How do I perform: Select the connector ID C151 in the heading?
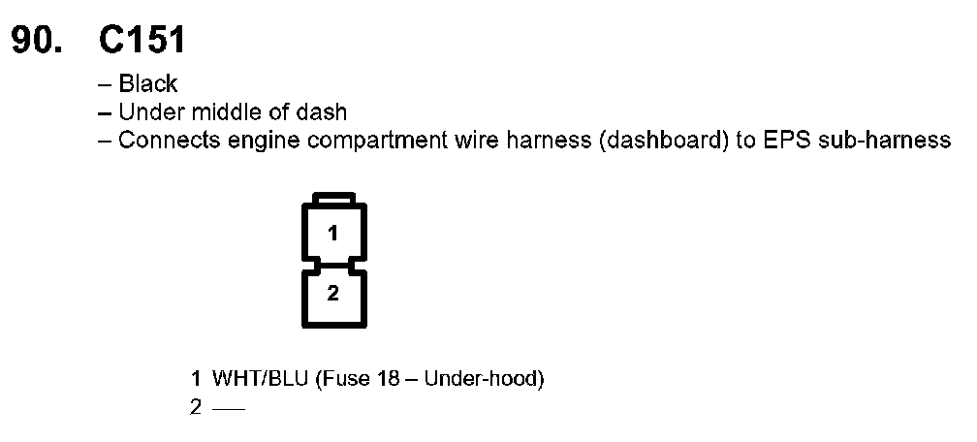pos(142,41)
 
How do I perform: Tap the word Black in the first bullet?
pos(148,84)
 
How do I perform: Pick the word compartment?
pos(352,142)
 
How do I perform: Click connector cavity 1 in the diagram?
pos(333,233)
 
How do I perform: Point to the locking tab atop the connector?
pos(333,199)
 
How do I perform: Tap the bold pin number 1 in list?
pos(196,379)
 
